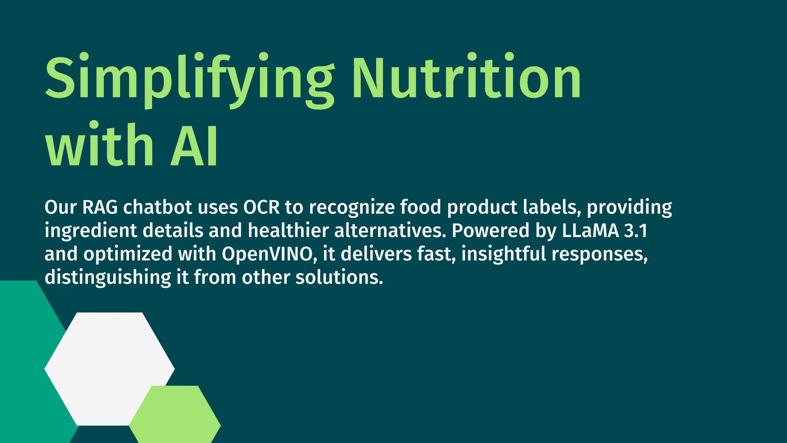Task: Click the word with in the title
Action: coord(100,145)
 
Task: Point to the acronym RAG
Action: coord(100,207)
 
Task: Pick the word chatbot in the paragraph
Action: coord(158,207)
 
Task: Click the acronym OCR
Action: coord(261,207)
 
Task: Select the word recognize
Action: coord(352,208)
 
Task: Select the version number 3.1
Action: coord(636,230)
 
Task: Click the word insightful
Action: coord(503,254)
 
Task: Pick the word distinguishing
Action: coord(108,278)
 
